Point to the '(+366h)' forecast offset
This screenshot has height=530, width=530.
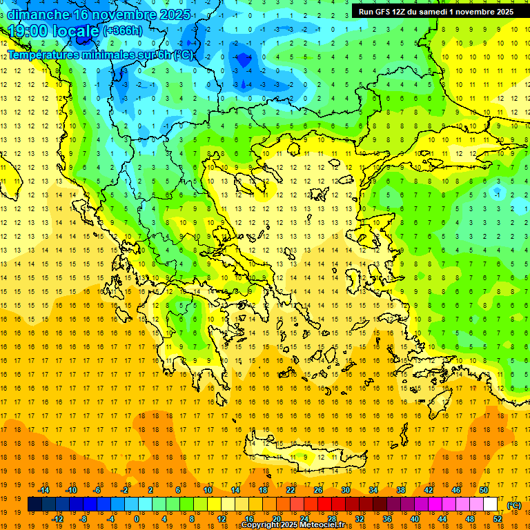(x=123, y=31)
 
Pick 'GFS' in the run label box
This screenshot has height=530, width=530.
(x=382, y=12)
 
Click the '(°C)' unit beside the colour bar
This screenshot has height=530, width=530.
(x=514, y=505)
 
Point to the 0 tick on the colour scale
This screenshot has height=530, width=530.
(x=137, y=518)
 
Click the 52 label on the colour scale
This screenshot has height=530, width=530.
(x=498, y=518)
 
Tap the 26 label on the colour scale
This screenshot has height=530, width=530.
(x=318, y=490)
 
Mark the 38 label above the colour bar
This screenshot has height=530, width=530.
(x=401, y=490)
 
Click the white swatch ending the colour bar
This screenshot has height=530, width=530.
(x=491, y=504)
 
